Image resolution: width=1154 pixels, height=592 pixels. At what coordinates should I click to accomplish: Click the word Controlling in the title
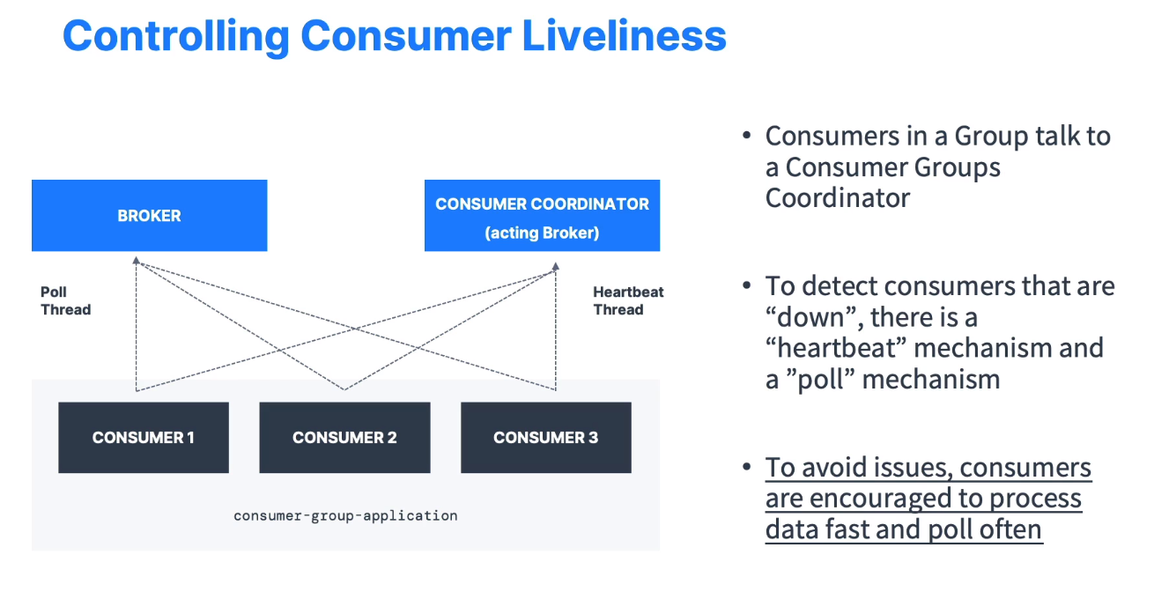[x=175, y=36]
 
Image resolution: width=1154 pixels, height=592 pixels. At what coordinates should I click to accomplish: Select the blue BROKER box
[x=149, y=216]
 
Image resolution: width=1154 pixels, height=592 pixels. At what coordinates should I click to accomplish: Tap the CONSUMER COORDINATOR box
[x=542, y=216]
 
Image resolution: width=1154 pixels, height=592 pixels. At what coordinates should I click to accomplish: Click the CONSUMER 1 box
[x=144, y=438]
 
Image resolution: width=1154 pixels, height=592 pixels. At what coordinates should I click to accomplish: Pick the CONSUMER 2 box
[x=344, y=438]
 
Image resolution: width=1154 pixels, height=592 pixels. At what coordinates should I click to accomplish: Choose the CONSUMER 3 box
[x=545, y=438]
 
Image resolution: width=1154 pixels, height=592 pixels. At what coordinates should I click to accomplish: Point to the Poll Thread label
[x=65, y=300]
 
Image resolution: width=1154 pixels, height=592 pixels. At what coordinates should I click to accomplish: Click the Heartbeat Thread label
[x=628, y=300]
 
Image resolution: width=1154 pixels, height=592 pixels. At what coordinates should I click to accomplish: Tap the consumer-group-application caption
[x=345, y=515]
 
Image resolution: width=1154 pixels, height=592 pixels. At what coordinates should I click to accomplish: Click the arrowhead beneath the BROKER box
[x=136, y=261]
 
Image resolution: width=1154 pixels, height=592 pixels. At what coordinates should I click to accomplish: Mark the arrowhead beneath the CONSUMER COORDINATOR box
[x=556, y=264]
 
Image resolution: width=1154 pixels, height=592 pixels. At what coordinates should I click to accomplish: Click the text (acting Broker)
[x=542, y=233]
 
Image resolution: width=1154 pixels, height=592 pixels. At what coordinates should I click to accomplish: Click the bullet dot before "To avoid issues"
[x=747, y=468]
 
